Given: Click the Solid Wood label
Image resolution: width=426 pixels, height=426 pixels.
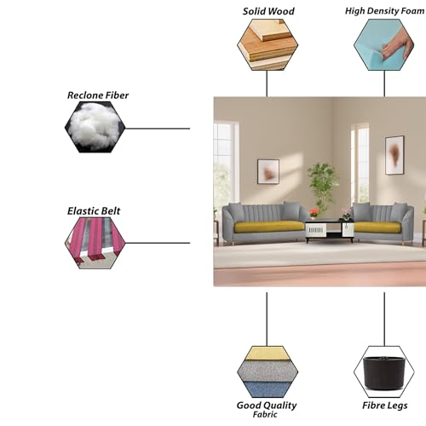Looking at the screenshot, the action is tap(268, 11).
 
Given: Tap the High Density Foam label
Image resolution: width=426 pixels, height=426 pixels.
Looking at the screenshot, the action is tap(385, 11).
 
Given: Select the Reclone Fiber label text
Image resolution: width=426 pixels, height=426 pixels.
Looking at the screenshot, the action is tap(98, 95).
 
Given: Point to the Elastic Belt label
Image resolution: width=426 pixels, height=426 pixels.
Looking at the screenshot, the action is tap(94, 211).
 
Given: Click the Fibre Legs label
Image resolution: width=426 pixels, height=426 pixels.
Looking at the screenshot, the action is tap(385, 406).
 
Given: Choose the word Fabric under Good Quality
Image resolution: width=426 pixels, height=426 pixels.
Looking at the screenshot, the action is tap(265, 414).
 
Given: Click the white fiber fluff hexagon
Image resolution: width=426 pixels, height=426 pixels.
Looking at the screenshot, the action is tap(95, 127).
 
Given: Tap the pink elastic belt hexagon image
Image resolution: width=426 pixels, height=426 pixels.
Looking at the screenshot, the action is tap(95, 243).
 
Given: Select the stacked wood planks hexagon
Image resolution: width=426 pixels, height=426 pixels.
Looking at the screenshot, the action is tap(268, 44).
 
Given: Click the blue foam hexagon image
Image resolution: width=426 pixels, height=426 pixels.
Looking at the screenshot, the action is tap(384, 44).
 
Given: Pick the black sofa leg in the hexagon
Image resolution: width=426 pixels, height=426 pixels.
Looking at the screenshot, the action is tap(384, 372).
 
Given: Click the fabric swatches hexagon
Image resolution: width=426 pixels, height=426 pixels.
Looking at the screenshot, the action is tap(268, 371).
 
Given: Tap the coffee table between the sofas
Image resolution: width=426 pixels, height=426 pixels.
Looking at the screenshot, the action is tap(330, 231).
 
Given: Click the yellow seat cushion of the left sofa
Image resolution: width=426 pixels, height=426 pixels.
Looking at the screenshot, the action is tap(268, 227).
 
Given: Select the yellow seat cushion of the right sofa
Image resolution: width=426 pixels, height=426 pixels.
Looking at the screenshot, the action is tap(377, 227).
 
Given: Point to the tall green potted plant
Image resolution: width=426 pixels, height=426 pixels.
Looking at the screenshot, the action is tap(324, 186).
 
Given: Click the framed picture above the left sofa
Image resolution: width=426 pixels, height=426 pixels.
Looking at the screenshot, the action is tap(268, 171).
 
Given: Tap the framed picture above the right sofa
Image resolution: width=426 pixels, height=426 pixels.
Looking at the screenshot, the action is tap(394, 155).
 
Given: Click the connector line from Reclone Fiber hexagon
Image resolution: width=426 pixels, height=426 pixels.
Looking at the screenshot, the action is tap(158, 129).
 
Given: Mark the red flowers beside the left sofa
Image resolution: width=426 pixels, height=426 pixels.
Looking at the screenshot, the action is tap(314, 212).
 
